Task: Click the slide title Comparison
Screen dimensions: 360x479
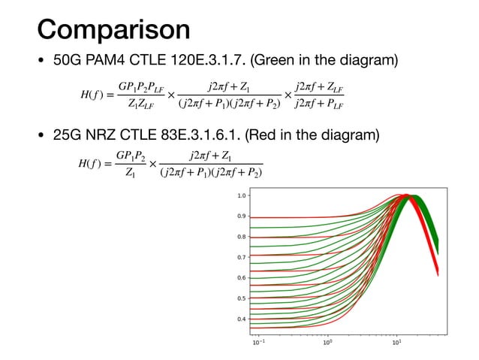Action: [x=113, y=29]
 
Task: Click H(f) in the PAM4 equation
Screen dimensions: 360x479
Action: [x=93, y=95]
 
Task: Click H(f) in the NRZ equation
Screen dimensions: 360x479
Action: [x=93, y=164]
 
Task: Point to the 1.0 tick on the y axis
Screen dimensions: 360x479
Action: [x=241, y=195]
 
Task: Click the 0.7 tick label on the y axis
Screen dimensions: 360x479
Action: [x=241, y=257]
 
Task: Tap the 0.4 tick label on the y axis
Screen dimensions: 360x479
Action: [x=241, y=319]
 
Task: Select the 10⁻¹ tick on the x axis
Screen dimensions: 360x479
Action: [x=258, y=344]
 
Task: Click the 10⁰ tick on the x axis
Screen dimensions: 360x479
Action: [x=327, y=344]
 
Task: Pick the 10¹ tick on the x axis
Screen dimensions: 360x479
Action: [x=396, y=344]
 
